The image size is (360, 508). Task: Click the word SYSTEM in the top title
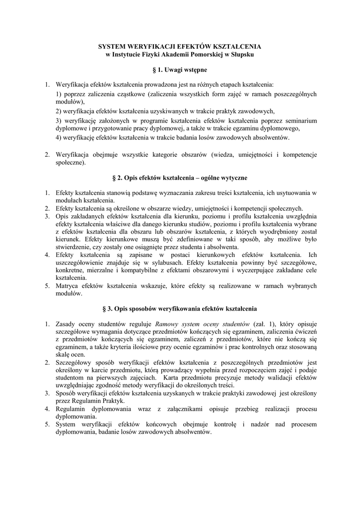tap(113, 46)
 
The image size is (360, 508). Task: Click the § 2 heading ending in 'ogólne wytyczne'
tap(180, 177)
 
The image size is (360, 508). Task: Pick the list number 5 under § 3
tap(47, 424)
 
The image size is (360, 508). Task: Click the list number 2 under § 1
tap(47, 154)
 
